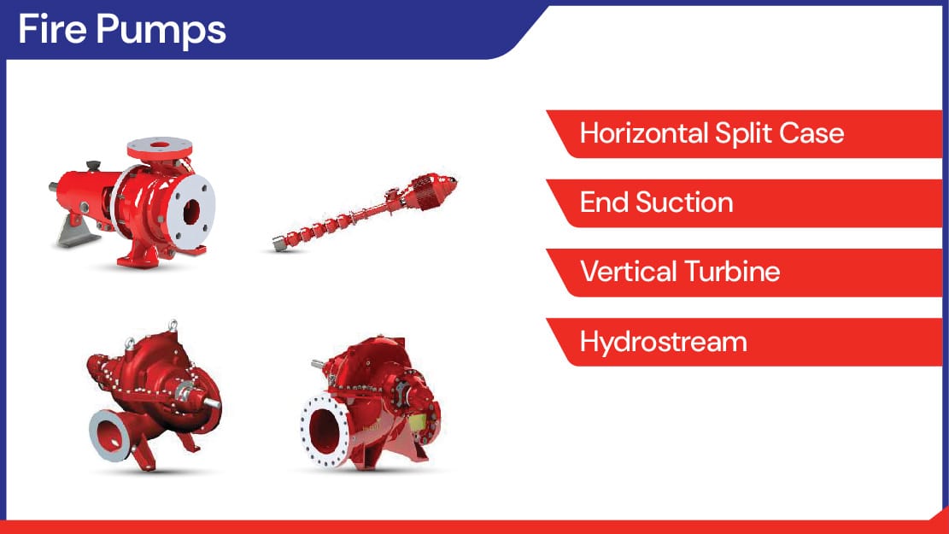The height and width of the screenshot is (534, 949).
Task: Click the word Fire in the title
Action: pos(52,29)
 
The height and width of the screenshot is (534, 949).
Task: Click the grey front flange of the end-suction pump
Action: pos(191,212)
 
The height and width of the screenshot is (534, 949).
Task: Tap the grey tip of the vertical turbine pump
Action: pos(279,244)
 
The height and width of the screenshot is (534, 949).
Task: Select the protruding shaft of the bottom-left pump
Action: pos(211,402)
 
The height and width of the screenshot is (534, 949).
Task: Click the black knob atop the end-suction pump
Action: pos(93,165)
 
